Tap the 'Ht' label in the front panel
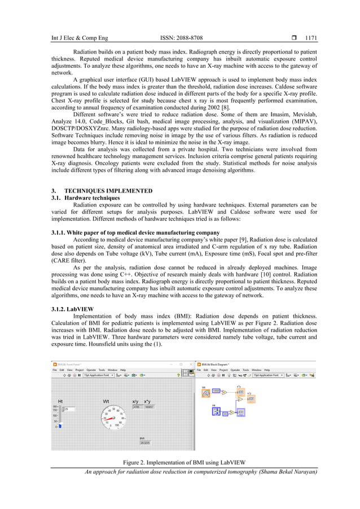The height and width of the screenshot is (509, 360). click(60, 401)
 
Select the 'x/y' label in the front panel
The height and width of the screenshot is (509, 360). click(136, 401)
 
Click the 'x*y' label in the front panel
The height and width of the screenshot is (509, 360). click(149, 401)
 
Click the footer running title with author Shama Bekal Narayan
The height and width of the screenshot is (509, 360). click(200, 472)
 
